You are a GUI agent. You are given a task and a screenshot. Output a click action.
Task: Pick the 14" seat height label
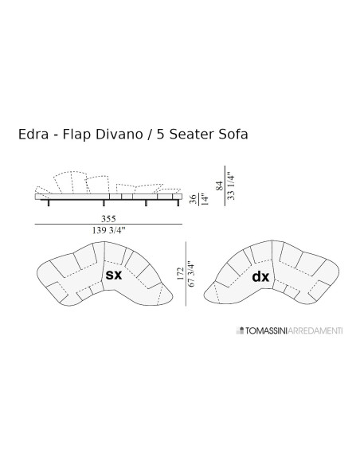(205, 199)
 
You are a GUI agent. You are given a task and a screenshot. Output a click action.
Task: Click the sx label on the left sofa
(114, 276)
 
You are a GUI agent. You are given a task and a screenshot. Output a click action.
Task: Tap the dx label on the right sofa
(260, 278)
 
